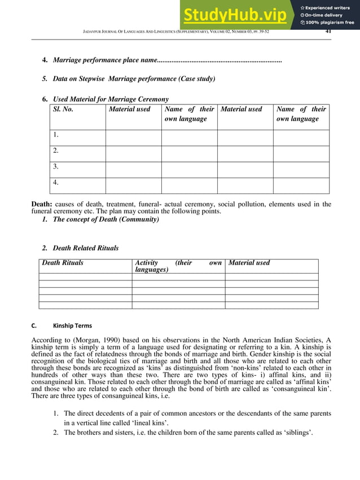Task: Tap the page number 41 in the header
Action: tap(328, 32)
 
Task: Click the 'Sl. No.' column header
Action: tap(63, 109)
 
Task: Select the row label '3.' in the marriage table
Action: tap(56, 166)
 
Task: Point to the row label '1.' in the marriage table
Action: tap(56, 135)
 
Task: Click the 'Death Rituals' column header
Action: tap(63, 263)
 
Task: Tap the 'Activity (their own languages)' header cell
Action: tap(178, 266)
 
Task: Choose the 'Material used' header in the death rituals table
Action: tap(249, 263)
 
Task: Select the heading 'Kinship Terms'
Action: tap(72, 325)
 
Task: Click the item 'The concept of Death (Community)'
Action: tap(106, 219)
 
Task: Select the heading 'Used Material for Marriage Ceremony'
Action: tap(111, 99)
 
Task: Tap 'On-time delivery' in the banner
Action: tap(324, 15)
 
